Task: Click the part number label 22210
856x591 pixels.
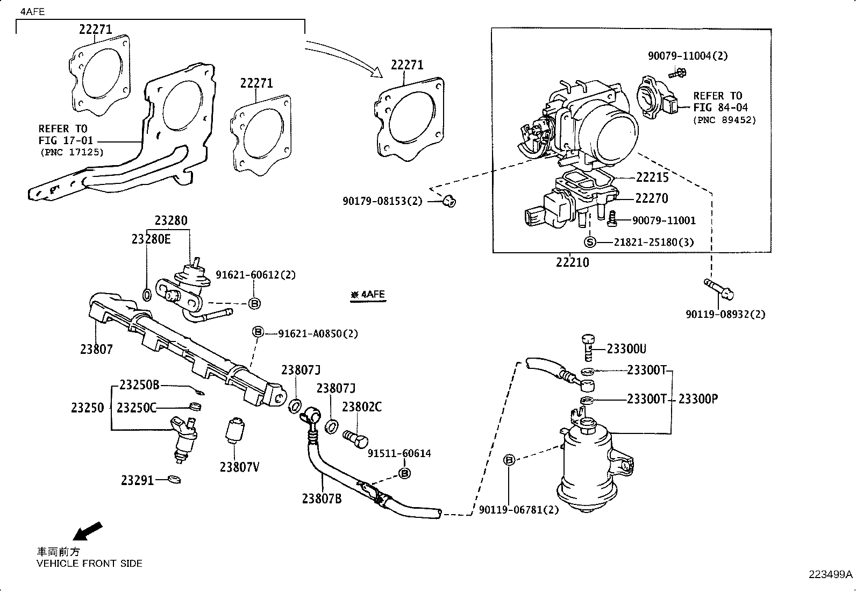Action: tap(572, 263)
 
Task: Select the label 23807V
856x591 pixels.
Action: tap(239, 467)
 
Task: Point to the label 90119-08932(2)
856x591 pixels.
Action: tap(725, 314)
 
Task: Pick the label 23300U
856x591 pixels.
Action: tap(626, 349)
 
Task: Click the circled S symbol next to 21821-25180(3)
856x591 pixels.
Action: tap(590, 242)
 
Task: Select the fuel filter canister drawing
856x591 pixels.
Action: tap(586, 468)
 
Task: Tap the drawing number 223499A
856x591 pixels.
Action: tap(830, 574)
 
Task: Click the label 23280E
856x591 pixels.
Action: tap(151, 239)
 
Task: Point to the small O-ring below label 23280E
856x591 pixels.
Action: tap(147, 294)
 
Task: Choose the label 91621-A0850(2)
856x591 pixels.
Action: tap(318, 333)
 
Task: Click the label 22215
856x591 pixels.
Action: tap(652, 177)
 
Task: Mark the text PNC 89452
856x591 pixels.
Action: tap(724, 120)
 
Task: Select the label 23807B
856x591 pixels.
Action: tap(322, 499)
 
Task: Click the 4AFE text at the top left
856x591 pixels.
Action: tap(32, 11)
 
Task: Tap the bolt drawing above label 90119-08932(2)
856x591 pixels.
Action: tap(719, 289)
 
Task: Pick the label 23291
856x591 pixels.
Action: tap(137, 480)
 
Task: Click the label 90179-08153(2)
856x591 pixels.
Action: tap(382, 201)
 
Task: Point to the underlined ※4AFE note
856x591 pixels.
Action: tap(368, 295)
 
